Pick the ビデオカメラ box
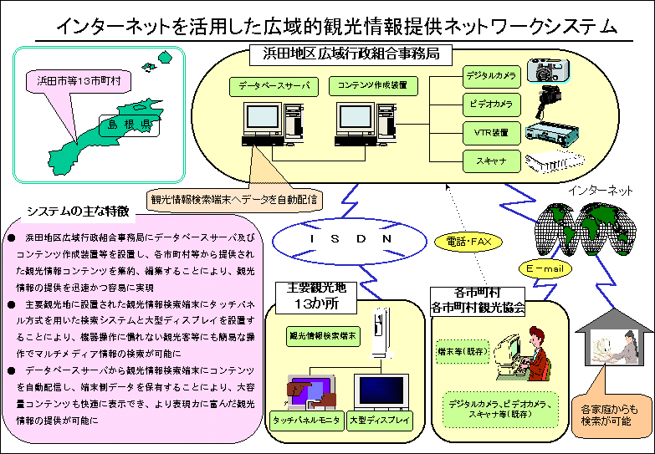click(492, 104)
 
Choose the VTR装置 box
click(492, 132)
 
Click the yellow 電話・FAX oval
click(468, 242)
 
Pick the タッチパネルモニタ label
click(306, 420)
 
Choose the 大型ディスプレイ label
click(381, 420)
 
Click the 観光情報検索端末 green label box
click(324, 336)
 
